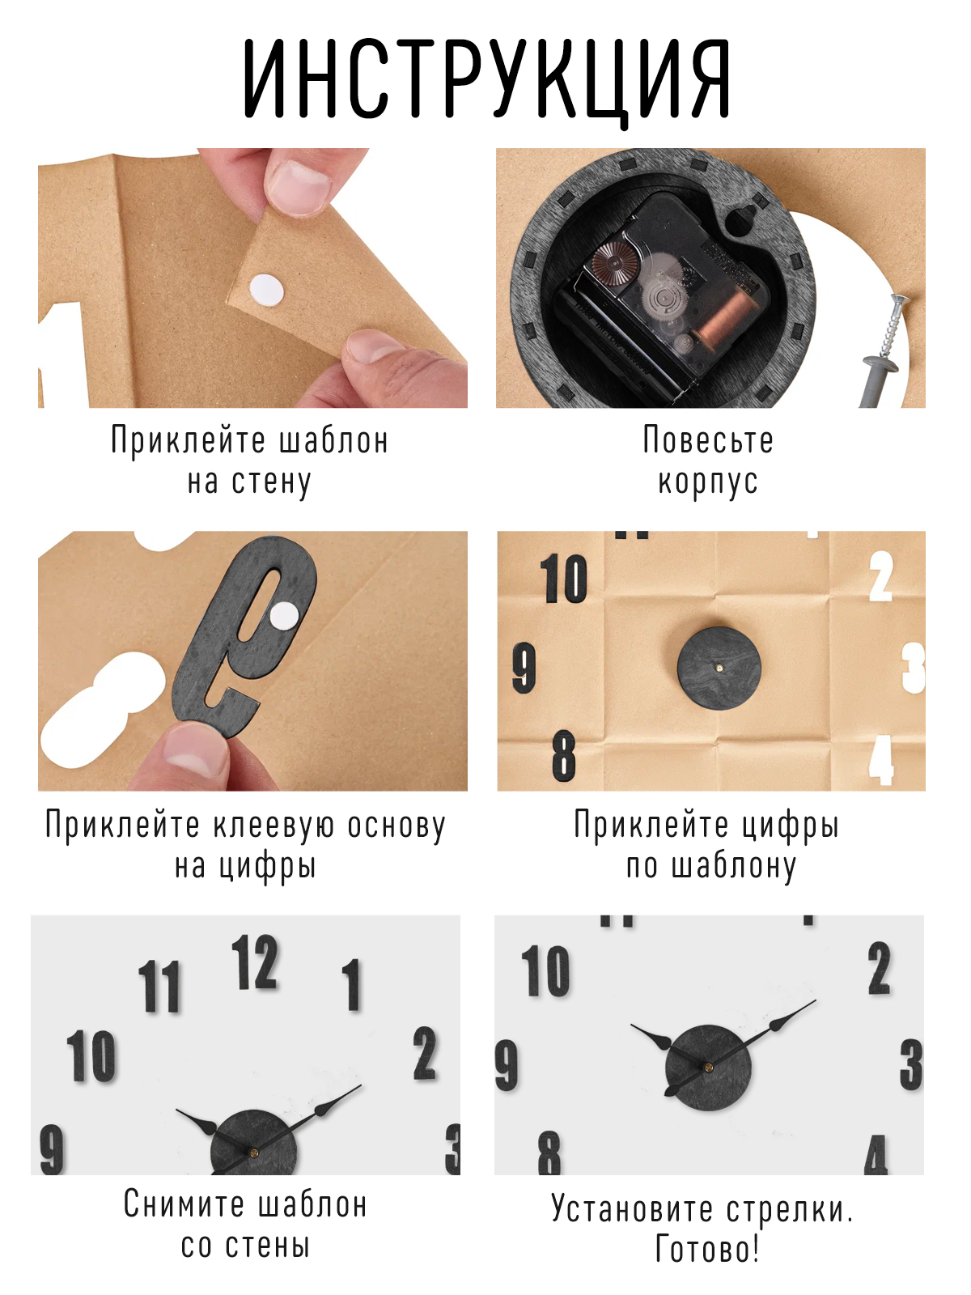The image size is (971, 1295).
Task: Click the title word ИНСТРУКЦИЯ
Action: click(486, 79)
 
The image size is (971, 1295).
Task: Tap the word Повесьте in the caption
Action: click(708, 441)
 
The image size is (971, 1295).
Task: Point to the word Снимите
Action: click(184, 1204)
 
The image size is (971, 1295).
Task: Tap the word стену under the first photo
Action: click(270, 483)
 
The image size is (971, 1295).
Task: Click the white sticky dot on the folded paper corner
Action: click(266, 288)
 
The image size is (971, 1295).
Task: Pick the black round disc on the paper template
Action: click(719, 668)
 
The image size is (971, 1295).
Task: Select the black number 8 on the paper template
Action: click(564, 755)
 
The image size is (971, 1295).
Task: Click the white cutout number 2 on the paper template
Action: click(881, 576)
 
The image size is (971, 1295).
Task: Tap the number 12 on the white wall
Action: click(255, 962)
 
